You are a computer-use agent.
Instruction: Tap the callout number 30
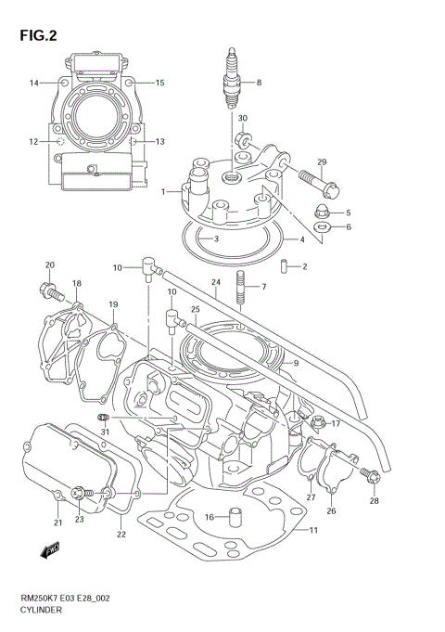click(243, 119)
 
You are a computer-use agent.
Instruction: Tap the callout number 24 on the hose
click(215, 282)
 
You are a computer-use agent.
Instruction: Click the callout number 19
click(112, 303)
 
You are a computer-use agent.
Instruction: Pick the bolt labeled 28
click(372, 477)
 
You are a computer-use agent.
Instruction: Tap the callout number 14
click(33, 83)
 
